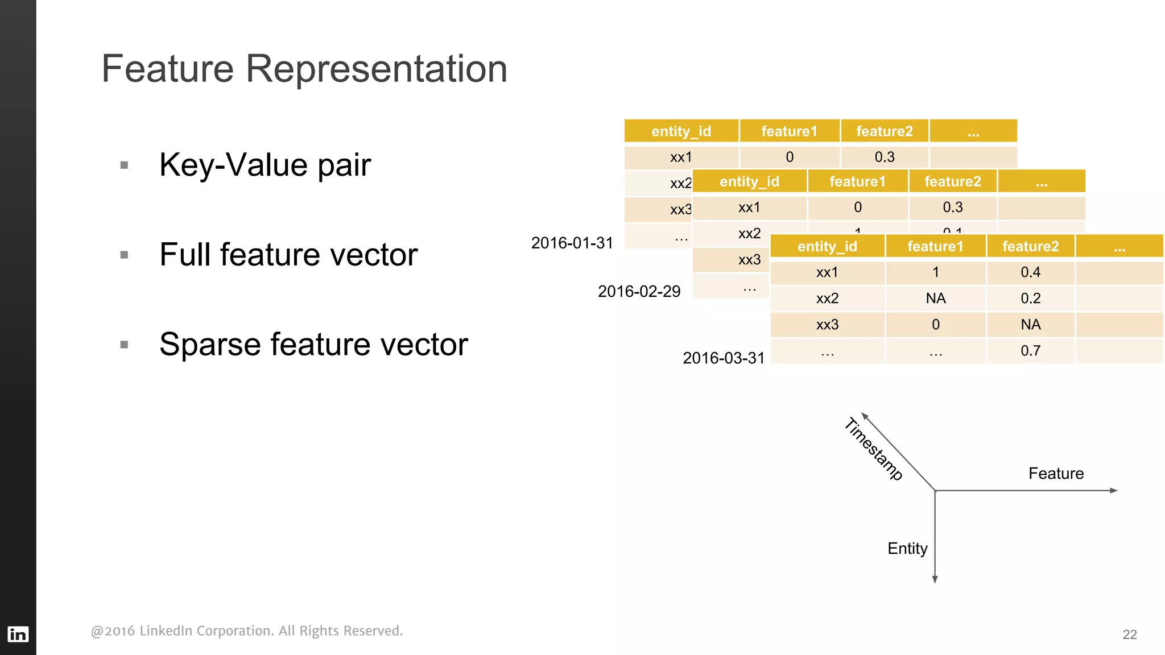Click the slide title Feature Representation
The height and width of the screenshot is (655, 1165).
click(304, 69)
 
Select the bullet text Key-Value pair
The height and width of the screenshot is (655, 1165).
click(265, 165)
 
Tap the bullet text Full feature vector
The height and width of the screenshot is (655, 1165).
click(288, 254)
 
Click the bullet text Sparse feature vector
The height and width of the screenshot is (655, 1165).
click(313, 344)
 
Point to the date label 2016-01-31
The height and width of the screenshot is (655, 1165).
click(572, 243)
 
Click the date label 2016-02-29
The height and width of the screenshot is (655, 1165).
click(639, 291)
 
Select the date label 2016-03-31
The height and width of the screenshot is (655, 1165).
click(723, 358)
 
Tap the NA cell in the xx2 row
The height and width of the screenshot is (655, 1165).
click(935, 298)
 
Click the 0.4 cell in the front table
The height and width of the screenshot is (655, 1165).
click(1030, 272)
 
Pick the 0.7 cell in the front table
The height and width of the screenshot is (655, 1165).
click(1030, 350)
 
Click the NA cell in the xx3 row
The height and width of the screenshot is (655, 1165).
click(1030, 324)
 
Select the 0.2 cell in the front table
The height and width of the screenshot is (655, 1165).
click(1030, 298)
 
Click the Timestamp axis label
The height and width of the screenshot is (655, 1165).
click(873, 449)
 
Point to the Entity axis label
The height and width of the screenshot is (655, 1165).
click(907, 548)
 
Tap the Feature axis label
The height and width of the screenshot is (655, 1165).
click(1056, 473)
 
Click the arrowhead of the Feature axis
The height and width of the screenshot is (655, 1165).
click(1114, 490)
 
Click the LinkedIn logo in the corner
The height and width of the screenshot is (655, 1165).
click(18, 634)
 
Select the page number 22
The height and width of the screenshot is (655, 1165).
click(1129, 635)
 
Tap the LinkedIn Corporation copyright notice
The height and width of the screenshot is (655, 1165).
click(246, 631)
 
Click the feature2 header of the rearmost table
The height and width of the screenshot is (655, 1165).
click(884, 131)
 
